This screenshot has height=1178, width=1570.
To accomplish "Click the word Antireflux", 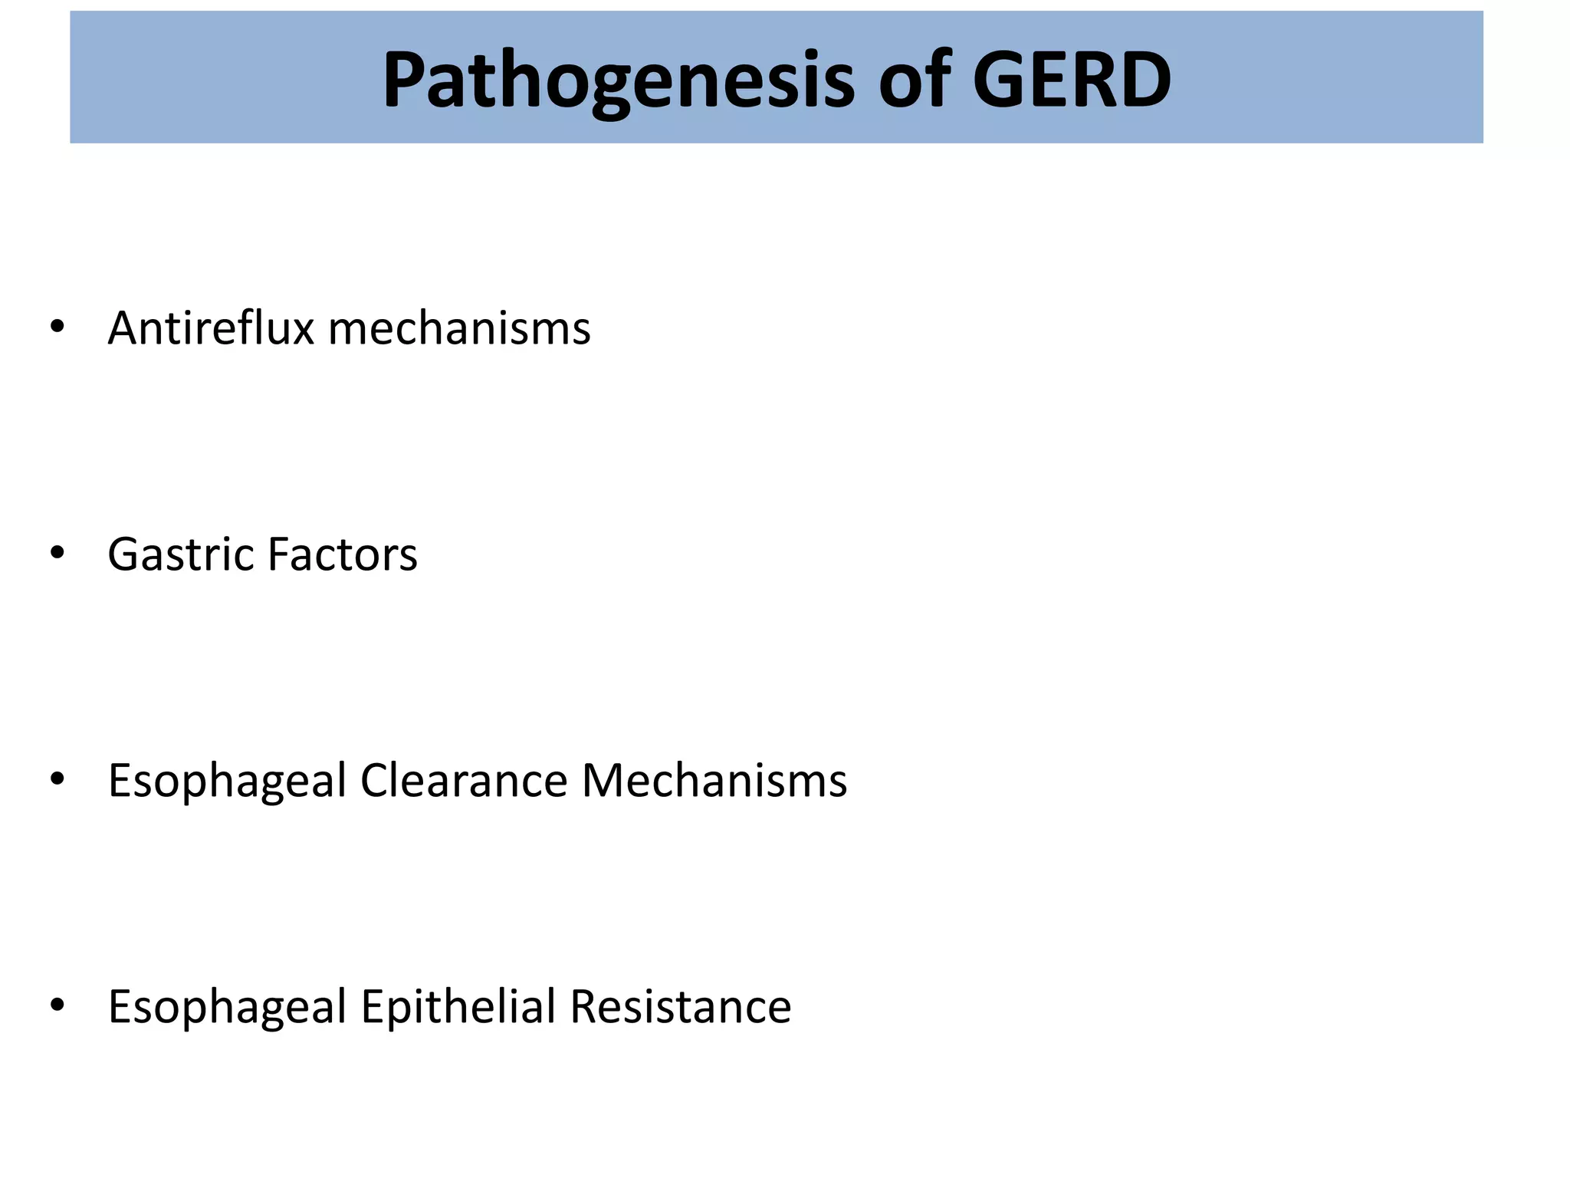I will point(211,328).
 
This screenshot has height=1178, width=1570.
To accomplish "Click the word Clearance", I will point(464,781).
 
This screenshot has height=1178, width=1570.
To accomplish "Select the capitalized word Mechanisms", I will point(714,781).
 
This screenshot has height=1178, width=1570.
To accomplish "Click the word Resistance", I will point(681,1006).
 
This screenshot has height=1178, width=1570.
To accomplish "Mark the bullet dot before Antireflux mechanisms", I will point(57,327).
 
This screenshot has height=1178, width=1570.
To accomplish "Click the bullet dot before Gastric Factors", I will point(57,553).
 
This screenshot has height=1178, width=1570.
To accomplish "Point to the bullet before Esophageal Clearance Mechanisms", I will point(57,779).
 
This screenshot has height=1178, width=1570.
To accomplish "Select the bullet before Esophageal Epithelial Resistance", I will point(57,1005).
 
